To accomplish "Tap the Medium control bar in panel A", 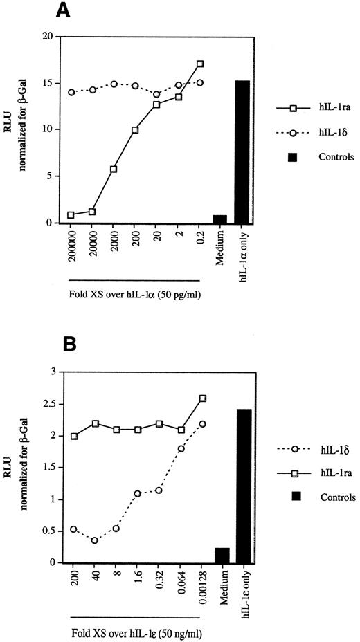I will pos(220,219).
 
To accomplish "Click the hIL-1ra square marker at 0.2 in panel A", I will pos(200,64).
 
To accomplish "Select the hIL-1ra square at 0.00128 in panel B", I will pos(202,398).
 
